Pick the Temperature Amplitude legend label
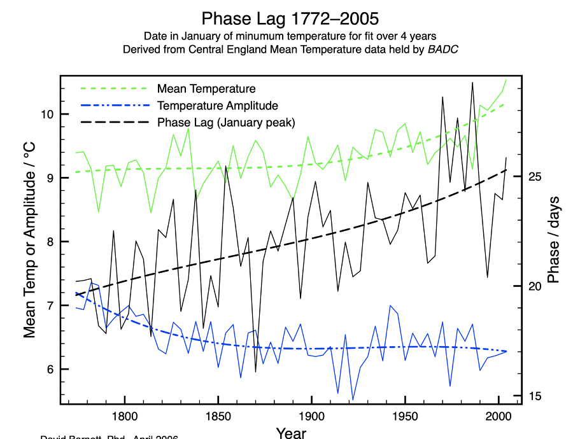[218, 106]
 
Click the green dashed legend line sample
[113, 88]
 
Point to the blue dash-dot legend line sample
[113, 106]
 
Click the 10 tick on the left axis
[47, 115]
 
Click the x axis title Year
[292, 433]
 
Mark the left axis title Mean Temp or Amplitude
[29, 239]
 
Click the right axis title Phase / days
[553, 239]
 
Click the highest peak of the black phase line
[472, 82]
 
